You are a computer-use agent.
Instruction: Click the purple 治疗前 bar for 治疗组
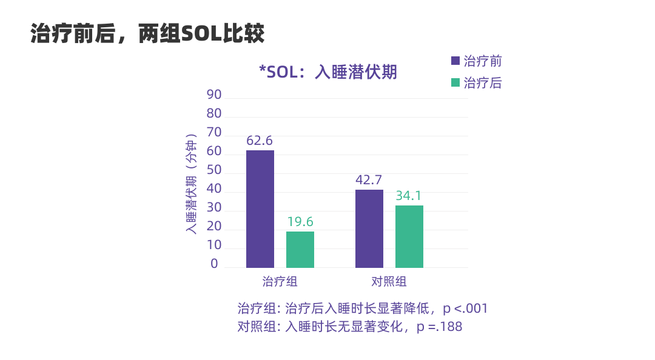(260, 209)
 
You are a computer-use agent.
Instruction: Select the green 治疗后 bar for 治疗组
(300, 250)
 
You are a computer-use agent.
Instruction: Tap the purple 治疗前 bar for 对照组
(369, 228)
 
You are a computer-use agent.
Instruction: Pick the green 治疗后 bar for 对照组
(409, 236)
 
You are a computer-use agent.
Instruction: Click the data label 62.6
(260, 141)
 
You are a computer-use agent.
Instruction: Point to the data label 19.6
(300, 222)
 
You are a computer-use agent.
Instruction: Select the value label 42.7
(369, 180)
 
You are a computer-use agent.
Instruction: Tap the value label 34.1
(409, 196)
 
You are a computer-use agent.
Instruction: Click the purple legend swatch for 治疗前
(455, 61)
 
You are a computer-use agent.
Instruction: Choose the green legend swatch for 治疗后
(455, 82)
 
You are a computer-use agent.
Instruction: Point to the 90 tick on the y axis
(214, 95)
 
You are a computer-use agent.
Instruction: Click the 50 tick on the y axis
(214, 170)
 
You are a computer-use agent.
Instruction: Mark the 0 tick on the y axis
(214, 264)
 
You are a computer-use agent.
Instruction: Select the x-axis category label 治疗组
(280, 282)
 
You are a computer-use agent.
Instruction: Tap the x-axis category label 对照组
(389, 282)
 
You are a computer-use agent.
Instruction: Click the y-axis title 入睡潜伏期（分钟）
(191, 184)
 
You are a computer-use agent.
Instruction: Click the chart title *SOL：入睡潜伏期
(328, 72)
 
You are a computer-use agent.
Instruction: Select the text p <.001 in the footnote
(465, 308)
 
